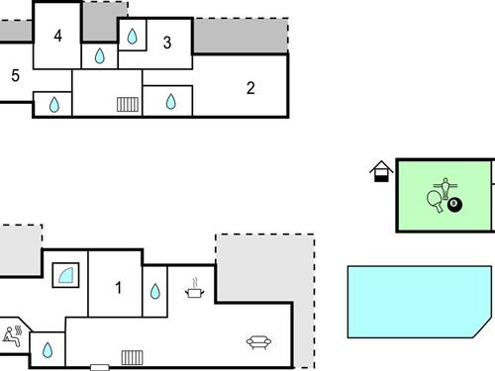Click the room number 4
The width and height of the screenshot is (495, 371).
tap(58, 37)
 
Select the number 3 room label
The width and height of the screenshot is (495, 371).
tap(167, 43)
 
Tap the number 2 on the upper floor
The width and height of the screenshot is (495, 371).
tap(250, 88)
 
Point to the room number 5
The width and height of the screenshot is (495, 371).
tap(15, 75)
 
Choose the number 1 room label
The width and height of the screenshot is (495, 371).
tap(118, 288)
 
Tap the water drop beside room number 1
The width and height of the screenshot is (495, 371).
tap(154, 291)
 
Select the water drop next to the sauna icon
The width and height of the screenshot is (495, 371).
tap(47, 349)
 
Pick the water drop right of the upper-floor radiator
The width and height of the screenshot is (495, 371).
tap(170, 101)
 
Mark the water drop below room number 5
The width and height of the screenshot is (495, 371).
tap(53, 103)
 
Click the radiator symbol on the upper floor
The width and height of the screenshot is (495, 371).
tap(127, 102)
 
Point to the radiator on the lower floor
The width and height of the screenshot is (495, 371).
tap(133, 357)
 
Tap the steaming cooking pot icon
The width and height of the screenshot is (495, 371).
tap(195, 289)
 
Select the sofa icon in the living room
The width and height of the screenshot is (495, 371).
tap(259, 342)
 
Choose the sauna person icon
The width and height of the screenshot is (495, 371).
tap(12, 334)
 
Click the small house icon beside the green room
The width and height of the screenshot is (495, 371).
tap(381, 173)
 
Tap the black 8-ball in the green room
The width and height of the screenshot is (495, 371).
tap(454, 205)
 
